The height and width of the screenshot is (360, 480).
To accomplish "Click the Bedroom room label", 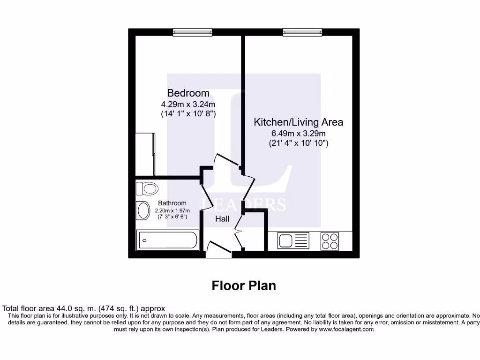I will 188,93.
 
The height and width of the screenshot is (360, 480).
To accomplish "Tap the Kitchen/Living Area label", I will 298,122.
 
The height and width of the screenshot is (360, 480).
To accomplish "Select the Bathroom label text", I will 172,203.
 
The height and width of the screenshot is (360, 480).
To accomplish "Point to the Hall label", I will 222,219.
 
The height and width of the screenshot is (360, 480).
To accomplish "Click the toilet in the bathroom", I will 147,189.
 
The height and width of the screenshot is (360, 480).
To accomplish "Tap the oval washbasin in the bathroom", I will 142,210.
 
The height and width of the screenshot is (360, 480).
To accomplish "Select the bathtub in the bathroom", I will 167,240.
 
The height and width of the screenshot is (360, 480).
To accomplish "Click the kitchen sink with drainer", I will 293,241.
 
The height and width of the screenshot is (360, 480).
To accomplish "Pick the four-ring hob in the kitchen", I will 330,241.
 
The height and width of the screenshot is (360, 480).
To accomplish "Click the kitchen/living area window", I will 302,32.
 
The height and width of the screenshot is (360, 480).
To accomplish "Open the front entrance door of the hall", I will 218,249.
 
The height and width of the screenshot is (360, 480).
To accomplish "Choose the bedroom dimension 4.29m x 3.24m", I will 188,104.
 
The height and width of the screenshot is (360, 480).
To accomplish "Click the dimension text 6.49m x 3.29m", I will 298,134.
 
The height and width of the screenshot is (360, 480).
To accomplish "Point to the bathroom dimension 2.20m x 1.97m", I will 172,211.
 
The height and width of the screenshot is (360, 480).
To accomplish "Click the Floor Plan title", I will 244,285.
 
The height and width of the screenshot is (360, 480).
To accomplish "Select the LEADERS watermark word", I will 244,204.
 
